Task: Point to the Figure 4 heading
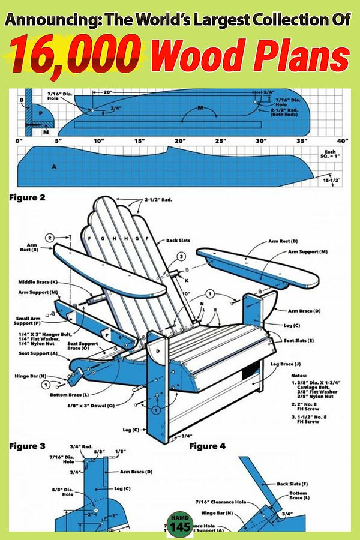(x=208, y=446)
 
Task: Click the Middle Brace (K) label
(x=37, y=281)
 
